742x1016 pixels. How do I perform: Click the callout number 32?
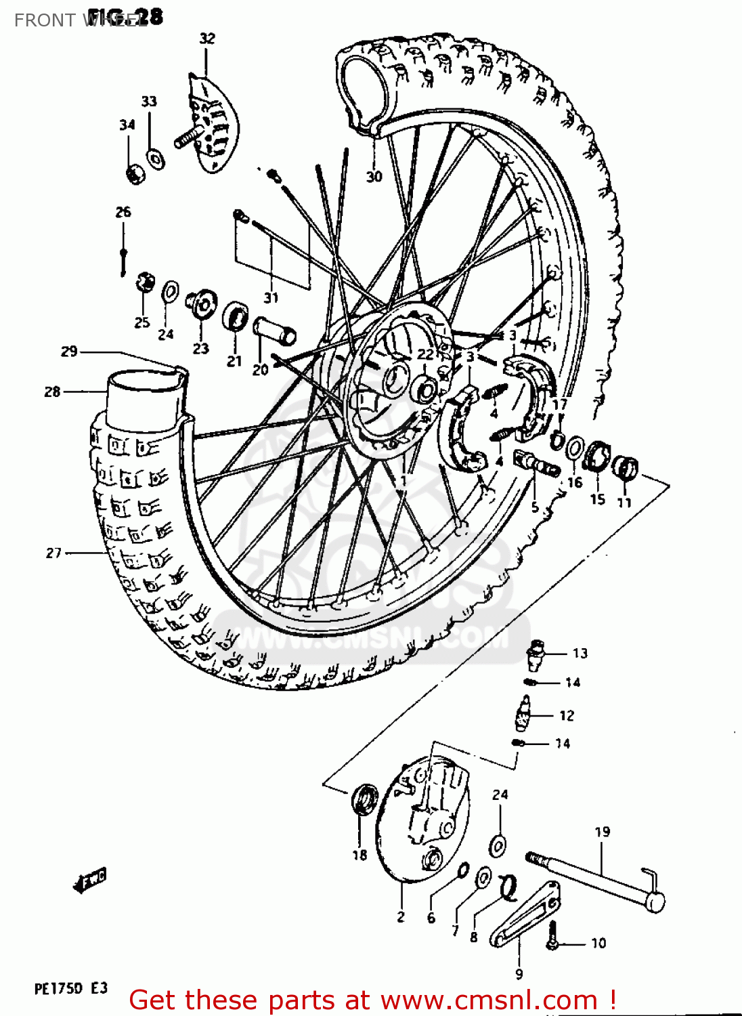pyautogui.click(x=207, y=39)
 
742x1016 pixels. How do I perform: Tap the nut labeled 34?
pyautogui.click(x=135, y=174)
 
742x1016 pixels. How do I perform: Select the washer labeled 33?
pyautogui.click(x=156, y=159)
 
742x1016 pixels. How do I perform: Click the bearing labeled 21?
pyautogui.click(x=235, y=316)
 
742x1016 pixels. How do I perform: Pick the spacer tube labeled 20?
pyautogui.click(x=274, y=331)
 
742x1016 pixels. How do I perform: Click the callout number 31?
pyautogui.click(x=271, y=297)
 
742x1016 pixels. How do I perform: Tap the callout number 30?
pyautogui.click(x=374, y=176)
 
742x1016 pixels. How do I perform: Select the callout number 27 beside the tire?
pyautogui.click(x=53, y=553)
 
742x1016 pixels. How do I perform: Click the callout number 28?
pyautogui.click(x=52, y=391)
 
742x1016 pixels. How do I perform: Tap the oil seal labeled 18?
pyautogui.click(x=365, y=799)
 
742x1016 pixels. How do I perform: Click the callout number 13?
pyautogui.click(x=580, y=653)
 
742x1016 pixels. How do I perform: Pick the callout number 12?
pyautogui.click(x=567, y=715)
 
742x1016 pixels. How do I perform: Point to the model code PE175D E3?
pyautogui.click(x=71, y=988)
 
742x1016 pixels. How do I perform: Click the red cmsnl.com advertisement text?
pyautogui.click(x=372, y=1000)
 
